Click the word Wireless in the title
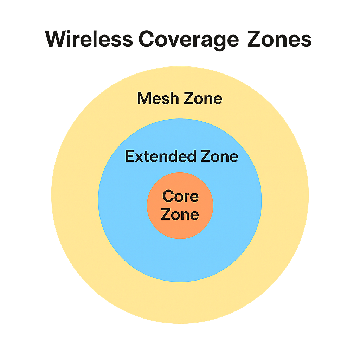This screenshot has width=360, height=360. tap(89, 39)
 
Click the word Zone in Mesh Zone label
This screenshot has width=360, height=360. tap(202, 98)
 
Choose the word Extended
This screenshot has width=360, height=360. tap(161, 156)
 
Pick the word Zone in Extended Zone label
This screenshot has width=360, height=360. tap(219, 156)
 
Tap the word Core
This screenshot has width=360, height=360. tap(180, 196)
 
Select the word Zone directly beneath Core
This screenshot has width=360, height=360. tap(180, 214)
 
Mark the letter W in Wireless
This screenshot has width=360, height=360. tap(57, 39)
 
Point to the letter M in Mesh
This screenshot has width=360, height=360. tap(143, 98)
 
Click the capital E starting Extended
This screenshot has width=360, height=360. tap(130, 156)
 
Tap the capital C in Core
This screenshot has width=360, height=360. tap(168, 196)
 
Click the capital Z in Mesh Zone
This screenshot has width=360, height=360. tap(188, 98)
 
